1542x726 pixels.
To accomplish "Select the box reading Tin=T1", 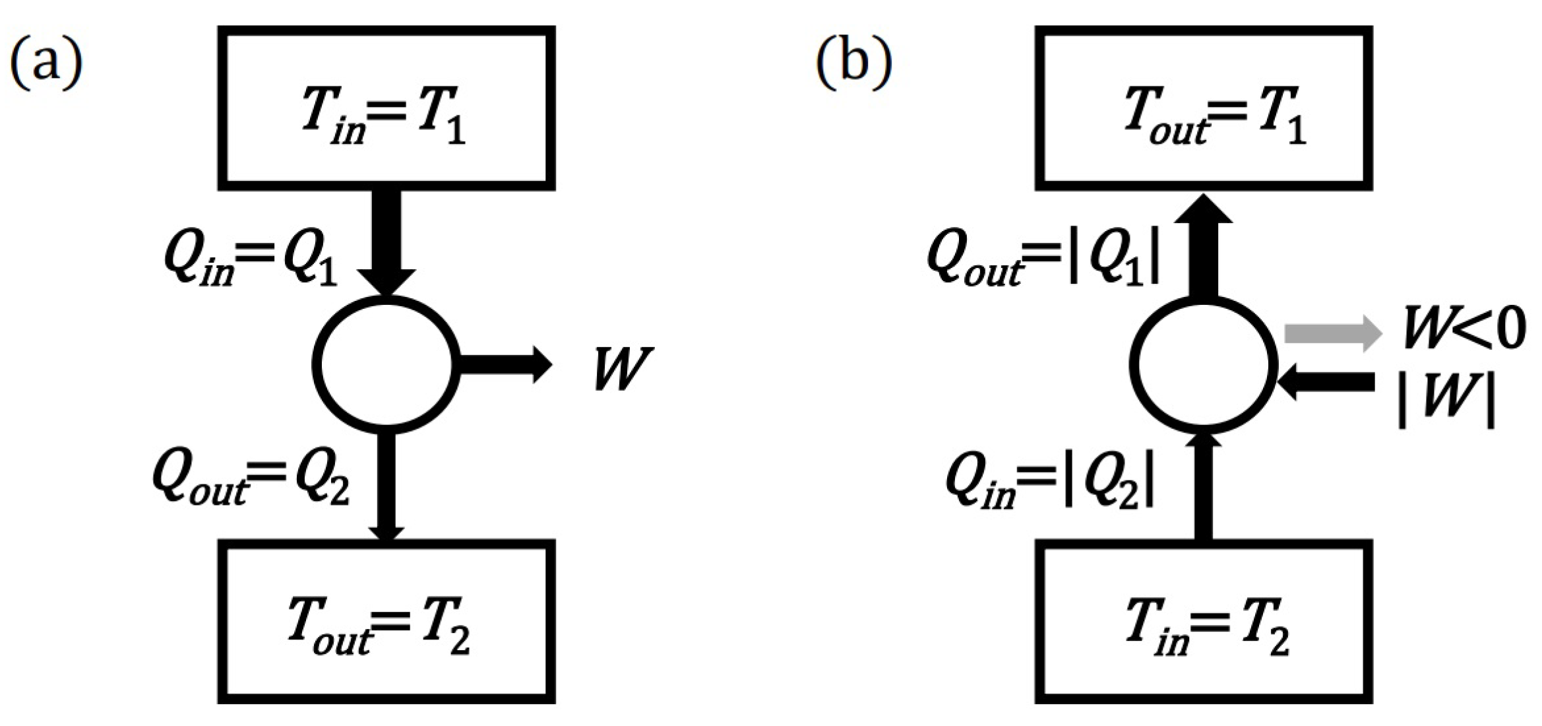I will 386,108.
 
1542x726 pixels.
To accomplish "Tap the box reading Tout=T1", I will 1204,108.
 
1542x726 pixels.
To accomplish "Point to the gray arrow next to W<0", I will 1332,333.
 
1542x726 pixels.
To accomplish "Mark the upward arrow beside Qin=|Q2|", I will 1204,488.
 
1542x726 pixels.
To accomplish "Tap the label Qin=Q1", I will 251,261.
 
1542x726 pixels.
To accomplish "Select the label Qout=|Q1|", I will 1042,261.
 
